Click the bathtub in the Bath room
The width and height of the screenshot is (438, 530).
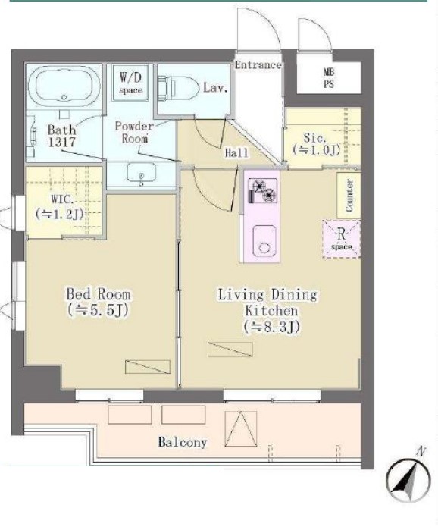coord(64,86)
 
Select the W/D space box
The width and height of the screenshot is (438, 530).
coord(130,82)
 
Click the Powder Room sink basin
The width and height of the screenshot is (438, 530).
coord(141,173)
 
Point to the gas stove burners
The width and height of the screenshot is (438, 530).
coord(262,191)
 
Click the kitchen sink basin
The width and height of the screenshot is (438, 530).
coord(264,240)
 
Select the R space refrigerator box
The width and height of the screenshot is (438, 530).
coord(342,239)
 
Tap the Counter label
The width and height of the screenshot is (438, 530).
coord(349,196)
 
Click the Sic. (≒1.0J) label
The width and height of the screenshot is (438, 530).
coord(316,144)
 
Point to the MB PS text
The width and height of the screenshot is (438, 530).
coord(329,78)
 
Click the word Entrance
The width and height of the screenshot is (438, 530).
coord(258,65)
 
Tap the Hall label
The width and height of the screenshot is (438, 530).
coord(236,152)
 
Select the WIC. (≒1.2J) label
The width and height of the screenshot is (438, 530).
coord(59,206)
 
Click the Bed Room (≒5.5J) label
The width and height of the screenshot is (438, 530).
coord(98,302)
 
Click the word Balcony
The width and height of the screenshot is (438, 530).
coord(183,442)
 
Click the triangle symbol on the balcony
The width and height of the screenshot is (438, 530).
coord(240,428)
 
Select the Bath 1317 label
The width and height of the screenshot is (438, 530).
coord(61,136)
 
